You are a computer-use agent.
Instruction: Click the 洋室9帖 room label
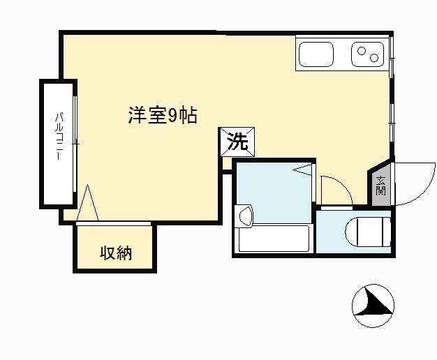(x=163, y=115)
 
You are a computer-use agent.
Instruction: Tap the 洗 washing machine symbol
(x=237, y=142)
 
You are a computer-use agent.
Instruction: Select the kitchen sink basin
(x=316, y=54)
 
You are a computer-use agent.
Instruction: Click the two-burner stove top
(x=368, y=54)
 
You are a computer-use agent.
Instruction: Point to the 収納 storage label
(x=116, y=253)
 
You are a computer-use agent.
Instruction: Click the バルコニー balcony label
(x=59, y=136)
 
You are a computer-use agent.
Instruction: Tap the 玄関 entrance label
(x=380, y=186)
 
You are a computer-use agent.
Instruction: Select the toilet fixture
(x=368, y=232)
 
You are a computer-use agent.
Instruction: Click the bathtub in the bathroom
(x=274, y=238)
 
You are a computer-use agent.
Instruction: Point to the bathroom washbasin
(x=245, y=215)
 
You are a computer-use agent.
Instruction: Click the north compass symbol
(x=373, y=306)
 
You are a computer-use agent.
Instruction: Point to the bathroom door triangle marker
(x=302, y=170)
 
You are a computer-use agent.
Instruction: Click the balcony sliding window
(x=75, y=144)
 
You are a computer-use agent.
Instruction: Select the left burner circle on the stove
(x=362, y=51)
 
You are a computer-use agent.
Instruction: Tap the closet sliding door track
(x=113, y=223)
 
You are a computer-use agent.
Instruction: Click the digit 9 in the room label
(x=172, y=115)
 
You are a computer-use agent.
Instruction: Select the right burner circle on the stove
(x=374, y=58)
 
